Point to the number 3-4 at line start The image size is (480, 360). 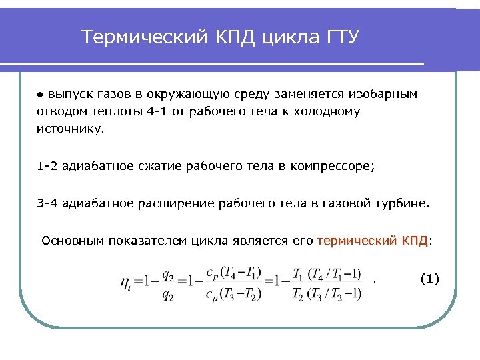[47, 203]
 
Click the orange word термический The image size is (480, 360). [357, 240]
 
